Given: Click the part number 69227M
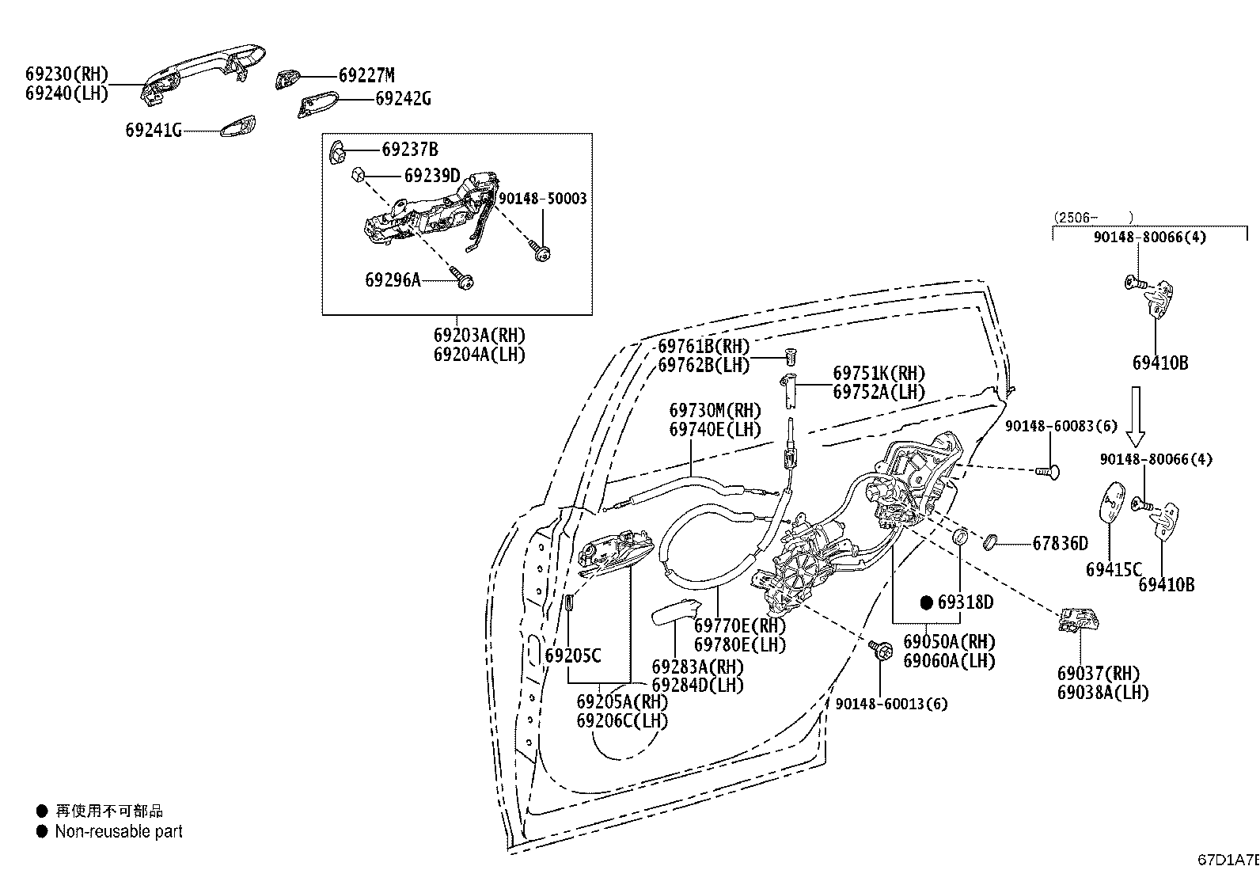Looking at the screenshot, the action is coord(366,75).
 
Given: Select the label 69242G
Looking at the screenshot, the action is coord(404,99).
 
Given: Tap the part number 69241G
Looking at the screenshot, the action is coord(153,131).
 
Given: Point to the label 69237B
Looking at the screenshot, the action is coord(409,150).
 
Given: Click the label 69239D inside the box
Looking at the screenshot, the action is coord(432,176).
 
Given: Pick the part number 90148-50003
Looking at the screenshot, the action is coord(543,199).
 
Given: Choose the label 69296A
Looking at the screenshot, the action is coord(393,279).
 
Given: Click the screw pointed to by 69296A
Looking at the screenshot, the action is coord(462,279).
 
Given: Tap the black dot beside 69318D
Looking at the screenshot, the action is coord(927,602).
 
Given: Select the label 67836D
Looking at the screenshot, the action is coord(1061,544).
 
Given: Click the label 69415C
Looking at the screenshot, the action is coord(1114,569).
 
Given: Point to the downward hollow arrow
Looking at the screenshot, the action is coord(1136,416).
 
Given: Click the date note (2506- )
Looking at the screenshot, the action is coord(1093,218).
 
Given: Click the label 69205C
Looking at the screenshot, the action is coord(573,655).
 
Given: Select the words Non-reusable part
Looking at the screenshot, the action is coord(119,832).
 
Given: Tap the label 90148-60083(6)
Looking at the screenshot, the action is coord(1061,426).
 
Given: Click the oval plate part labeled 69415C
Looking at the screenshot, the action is coord(1112,501).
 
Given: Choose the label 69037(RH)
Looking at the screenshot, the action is coord(1098,674).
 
